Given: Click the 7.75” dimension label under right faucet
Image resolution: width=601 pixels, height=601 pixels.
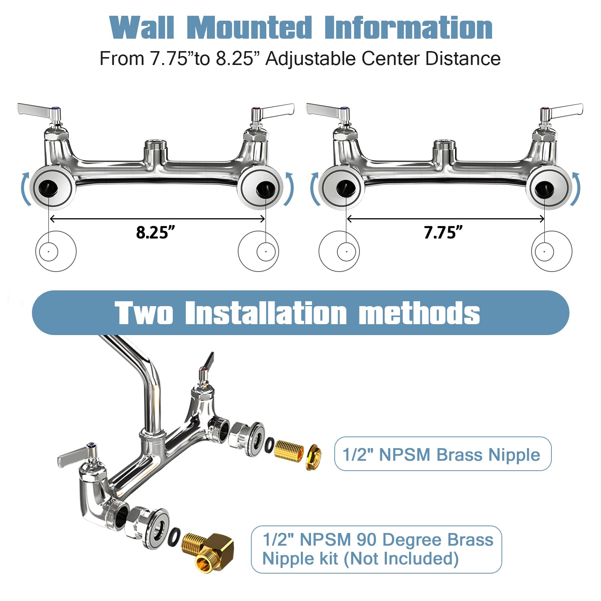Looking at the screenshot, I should pos(443,233).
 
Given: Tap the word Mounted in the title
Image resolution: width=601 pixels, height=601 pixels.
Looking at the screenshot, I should pos(249,28).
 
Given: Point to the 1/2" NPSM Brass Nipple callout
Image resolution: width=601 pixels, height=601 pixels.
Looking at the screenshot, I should pos(442,454).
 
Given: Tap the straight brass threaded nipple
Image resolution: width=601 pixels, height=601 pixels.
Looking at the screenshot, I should pos(288,450).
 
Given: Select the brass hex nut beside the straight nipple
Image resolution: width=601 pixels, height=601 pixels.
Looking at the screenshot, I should pos(313,457).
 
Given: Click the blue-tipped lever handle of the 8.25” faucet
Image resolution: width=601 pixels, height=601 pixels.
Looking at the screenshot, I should pos(38,110).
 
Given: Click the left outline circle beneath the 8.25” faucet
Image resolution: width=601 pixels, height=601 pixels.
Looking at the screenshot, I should pos(56,251).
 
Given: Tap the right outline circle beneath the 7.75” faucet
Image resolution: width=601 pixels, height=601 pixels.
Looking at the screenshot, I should pos(551,251).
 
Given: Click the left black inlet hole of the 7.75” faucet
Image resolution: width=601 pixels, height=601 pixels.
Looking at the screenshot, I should pos(346,187).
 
